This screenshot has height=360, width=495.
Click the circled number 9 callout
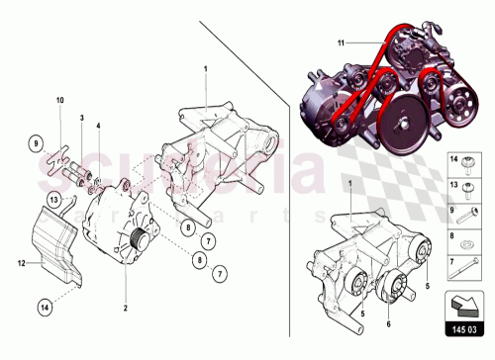(x=34, y=145)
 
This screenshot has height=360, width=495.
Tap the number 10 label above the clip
(x=58, y=100)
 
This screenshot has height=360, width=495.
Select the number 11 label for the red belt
(x=339, y=44)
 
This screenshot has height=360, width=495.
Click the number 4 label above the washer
(x=99, y=127)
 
